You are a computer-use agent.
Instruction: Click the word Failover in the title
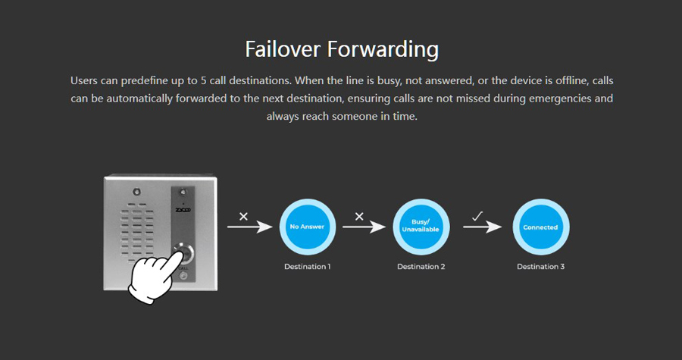[x=283, y=49]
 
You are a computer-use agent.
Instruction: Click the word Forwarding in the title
[x=383, y=49]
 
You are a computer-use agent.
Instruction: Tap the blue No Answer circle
[x=308, y=227]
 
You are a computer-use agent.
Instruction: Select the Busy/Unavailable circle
[x=421, y=227]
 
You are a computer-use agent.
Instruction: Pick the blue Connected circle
[x=540, y=227]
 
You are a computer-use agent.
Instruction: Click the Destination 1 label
[x=308, y=267]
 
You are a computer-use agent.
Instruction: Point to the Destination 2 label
[x=421, y=267]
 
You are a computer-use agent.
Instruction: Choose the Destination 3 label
[x=540, y=267]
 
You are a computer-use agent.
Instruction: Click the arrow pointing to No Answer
[x=249, y=227]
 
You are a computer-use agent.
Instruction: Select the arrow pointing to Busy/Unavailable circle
[x=364, y=227]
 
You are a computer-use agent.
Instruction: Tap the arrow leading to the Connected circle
[x=483, y=227]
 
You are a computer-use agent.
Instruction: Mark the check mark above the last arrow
[x=477, y=216]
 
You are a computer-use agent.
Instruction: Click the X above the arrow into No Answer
[x=243, y=216]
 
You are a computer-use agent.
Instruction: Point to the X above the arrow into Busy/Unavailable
[x=359, y=216]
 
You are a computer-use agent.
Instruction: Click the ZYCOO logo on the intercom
[x=183, y=210]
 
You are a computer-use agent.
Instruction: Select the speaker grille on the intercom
[x=137, y=233]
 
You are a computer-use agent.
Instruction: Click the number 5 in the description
[x=204, y=81]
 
